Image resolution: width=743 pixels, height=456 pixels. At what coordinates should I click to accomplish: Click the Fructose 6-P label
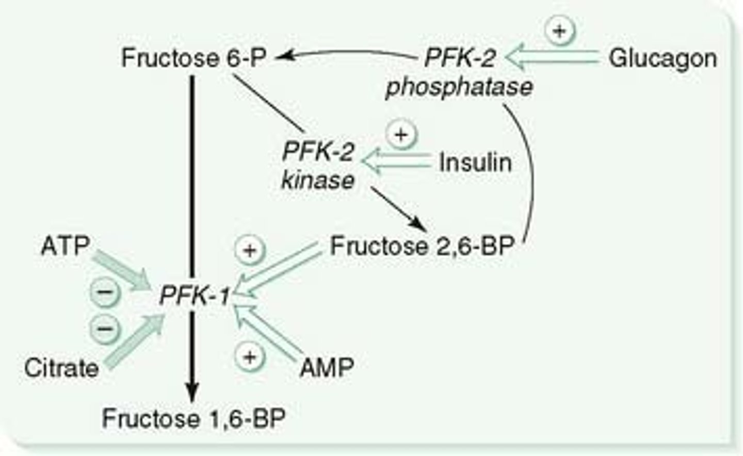pyautogui.click(x=193, y=58)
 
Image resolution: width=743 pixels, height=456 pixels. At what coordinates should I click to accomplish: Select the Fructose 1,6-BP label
pyautogui.click(x=193, y=418)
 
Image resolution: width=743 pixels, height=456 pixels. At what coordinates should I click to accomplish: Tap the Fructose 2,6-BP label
pyautogui.click(x=422, y=247)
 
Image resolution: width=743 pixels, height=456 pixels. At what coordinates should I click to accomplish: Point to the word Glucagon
pyautogui.click(x=663, y=58)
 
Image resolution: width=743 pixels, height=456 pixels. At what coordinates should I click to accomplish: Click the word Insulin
pyautogui.click(x=475, y=163)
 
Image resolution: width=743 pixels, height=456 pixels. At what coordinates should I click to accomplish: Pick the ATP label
pyautogui.click(x=65, y=246)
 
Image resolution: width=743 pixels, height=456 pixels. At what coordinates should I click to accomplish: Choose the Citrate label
pyautogui.click(x=61, y=368)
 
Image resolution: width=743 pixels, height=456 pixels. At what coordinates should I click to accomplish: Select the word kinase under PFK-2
pyautogui.click(x=318, y=180)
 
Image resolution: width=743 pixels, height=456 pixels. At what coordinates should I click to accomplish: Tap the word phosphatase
pyautogui.click(x=459, y=87)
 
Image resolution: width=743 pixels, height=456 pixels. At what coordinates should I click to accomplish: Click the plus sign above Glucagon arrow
pyautogui.click(x=559, y=31)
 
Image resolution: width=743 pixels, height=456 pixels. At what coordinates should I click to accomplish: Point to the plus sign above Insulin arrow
pyautogui.click(x=401, y=135)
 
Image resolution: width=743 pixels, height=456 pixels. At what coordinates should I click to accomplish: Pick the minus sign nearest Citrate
pyautogui.click(x=105, y=328)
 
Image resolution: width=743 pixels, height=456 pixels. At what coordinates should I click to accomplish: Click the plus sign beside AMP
pyautogui.click(x=250, y=357)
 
